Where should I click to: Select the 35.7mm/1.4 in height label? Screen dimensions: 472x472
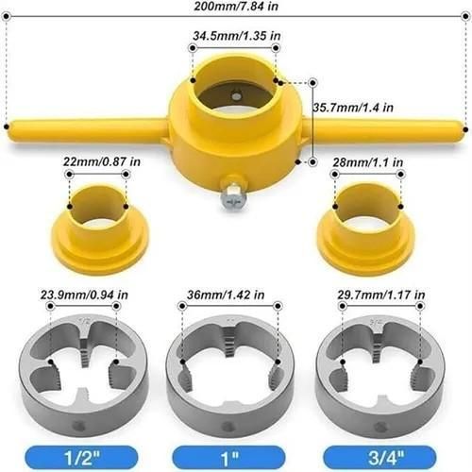(x=354, y=108)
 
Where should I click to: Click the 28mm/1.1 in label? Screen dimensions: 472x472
(x=368, y=163)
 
